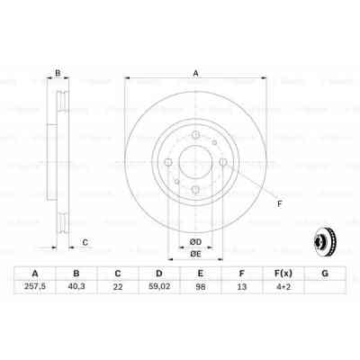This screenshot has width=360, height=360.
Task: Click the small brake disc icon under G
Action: [324, 241]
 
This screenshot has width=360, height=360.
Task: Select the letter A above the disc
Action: [195, 76]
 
